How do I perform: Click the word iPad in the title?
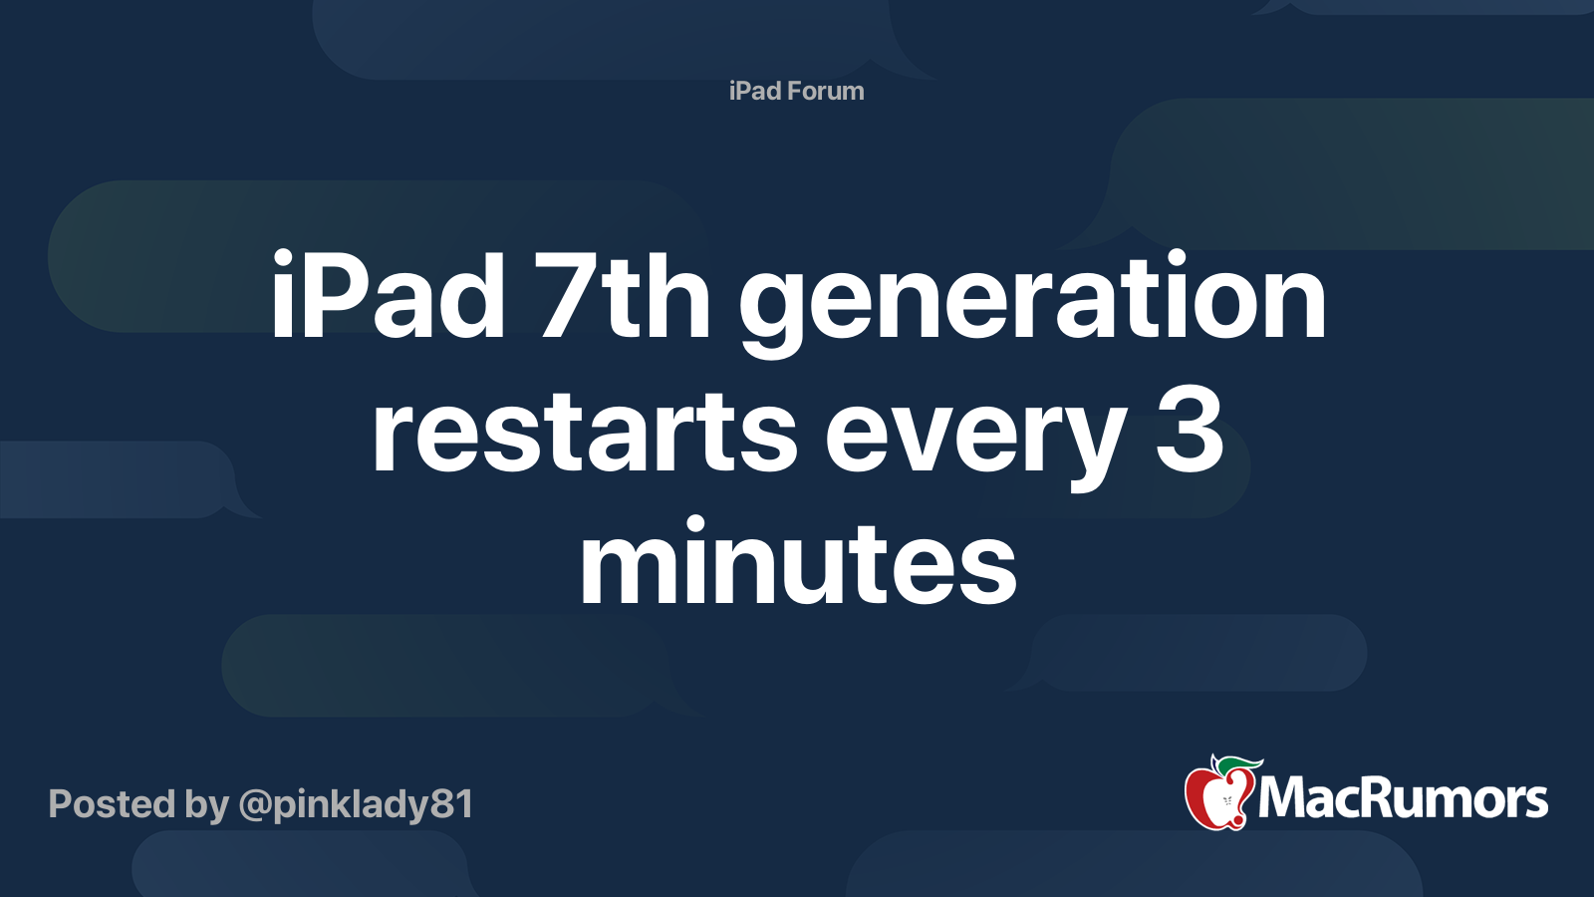click(x=388, y=297)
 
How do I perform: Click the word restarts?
click(x=584, y=434)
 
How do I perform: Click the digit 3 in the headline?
click(x=1190, y=432)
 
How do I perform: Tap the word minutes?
click(x=798, y=563)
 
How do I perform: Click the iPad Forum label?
click(x=796, y=91)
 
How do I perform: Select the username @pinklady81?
click(x=356, y=804)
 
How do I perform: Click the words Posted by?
click(x=138, y=804)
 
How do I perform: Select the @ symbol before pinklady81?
click(x=254, y=804)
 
